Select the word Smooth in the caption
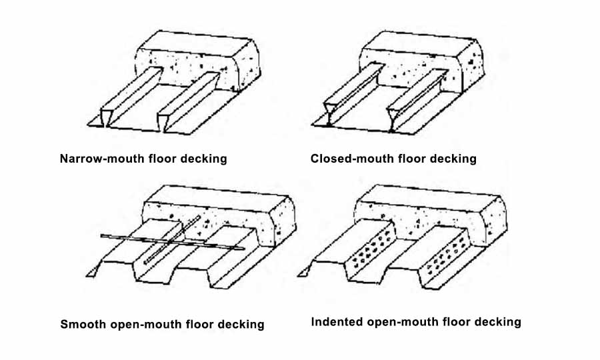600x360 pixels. pyautogui.click(x=83, y=324)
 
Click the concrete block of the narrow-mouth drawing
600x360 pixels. pyautogui.click(x=198, y=61)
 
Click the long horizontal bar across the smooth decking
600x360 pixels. pyautogui.click(x=172, y=242)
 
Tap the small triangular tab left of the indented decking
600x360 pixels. pyautogui.click(x=303, y=273)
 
